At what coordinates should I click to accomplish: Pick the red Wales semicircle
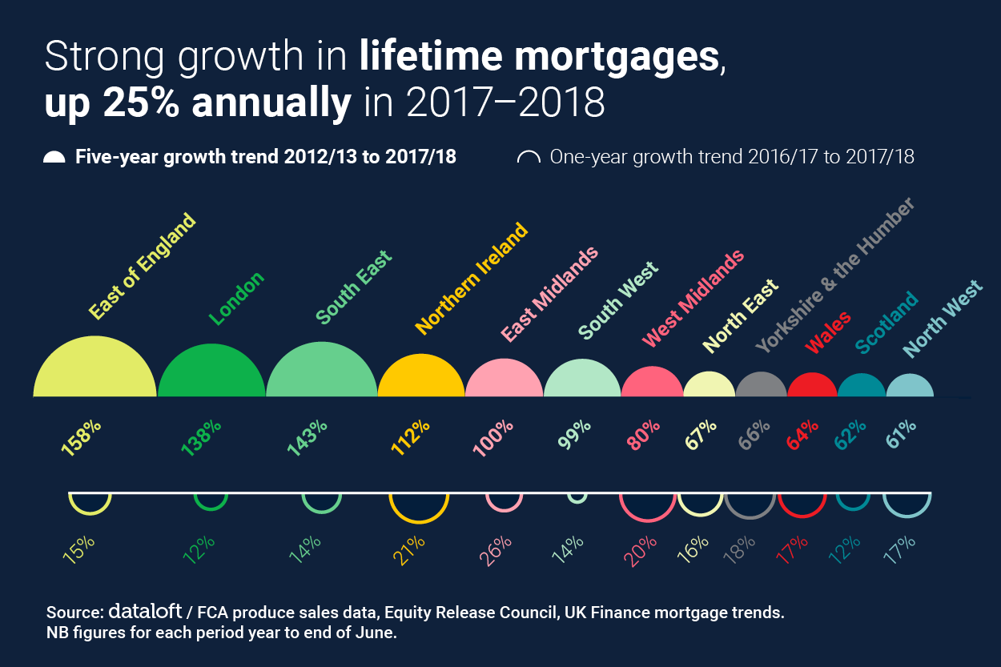point(812,386)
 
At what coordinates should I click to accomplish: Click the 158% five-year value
point(81,436)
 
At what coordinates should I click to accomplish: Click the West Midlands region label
point(693,299)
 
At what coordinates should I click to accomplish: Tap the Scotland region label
point(886,323)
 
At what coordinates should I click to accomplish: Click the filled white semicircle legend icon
point(54,158)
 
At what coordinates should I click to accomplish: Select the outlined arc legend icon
point(529,158)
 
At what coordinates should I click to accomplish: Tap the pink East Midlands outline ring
point(505,501)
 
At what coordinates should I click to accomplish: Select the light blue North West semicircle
point(910,387)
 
